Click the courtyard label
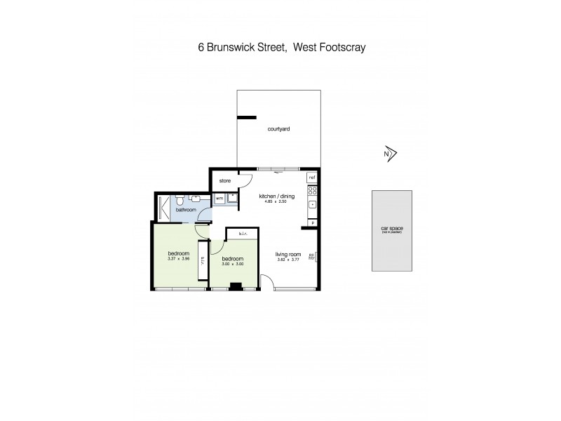click(x=278, y=129)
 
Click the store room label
click(x=224, y=180)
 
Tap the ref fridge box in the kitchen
click(x=312, y=178)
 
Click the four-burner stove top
click(x=313, y=190)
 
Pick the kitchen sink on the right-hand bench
click(x=313, y=206)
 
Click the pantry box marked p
click(x=313, y=223)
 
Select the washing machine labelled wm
click(x=219, y=199)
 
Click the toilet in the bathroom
click(x=180, y=199)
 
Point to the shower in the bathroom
click(x=163, y=208)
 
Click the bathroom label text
click(x=185, y=210)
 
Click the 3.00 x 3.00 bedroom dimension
click(x=232, y=264)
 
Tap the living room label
click(x=288, y=254)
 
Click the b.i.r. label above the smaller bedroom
click(x=243, y=234)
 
